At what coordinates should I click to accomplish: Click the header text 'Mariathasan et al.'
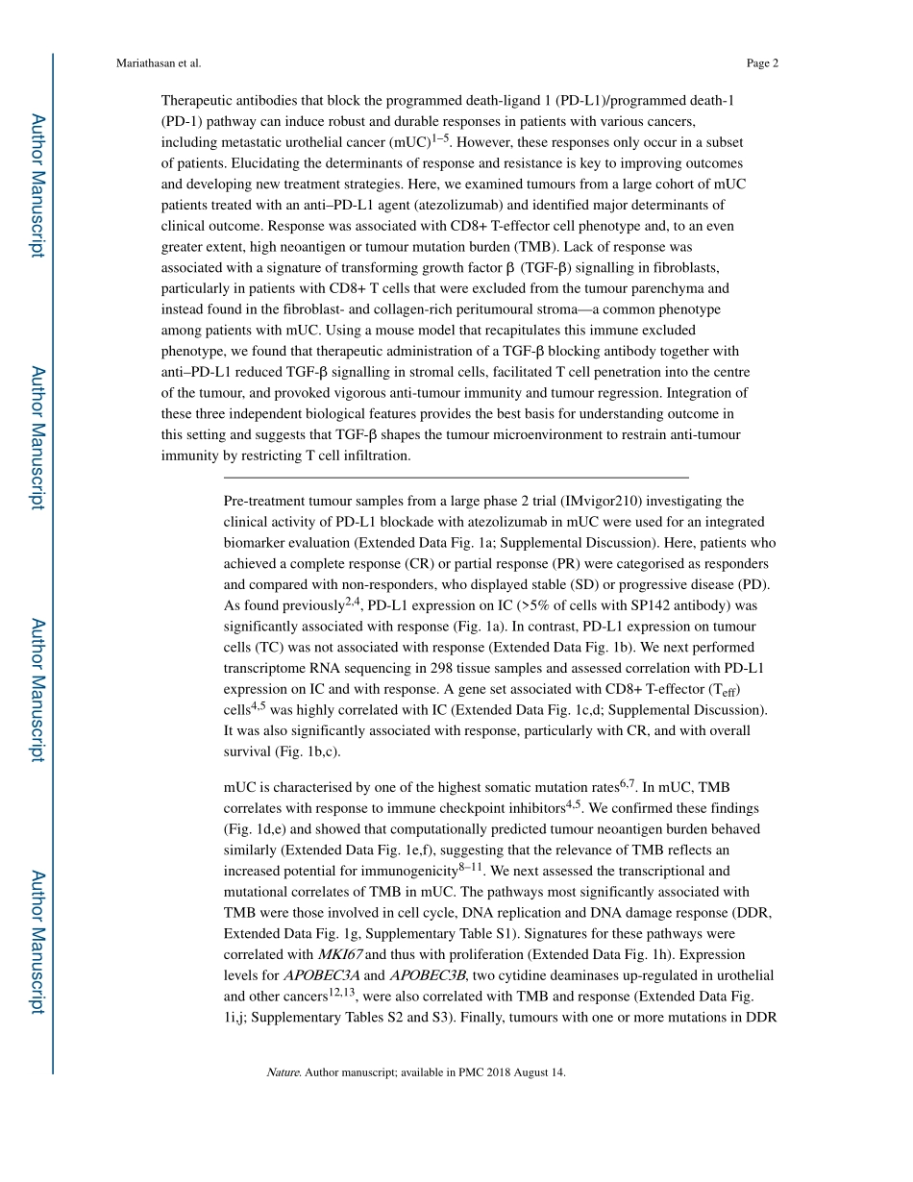tap(159, 63)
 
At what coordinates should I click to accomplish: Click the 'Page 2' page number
tap(762, 63)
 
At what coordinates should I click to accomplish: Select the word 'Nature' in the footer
tap(283, 1072)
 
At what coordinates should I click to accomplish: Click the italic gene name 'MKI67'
tap(340, 954)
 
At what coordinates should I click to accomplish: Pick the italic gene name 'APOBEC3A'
tap(321, 975)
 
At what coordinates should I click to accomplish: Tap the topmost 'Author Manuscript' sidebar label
tap(37, 185)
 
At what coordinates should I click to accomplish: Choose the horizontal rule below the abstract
tap(456, 477)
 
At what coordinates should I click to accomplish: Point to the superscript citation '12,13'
tap(342, 993)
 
